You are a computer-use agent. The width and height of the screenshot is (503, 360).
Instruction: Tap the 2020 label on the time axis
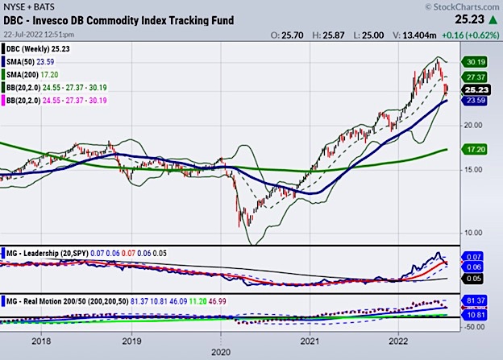(219, 352)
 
